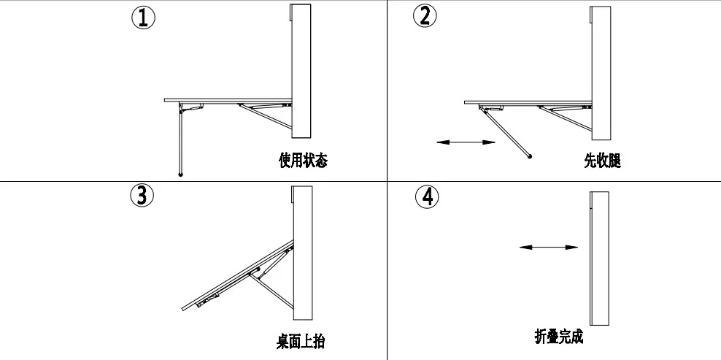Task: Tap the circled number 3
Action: pos(141,195)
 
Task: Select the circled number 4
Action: pos(428,197)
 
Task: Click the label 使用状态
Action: pos(303,161)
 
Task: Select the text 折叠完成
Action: pos(559,337)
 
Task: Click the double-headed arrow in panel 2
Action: pos(461,142)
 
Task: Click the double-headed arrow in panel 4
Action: pos(548,248)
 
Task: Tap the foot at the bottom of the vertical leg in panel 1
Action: pos(180,174)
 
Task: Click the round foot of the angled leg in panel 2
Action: pos(529,156)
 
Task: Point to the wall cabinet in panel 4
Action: pos(599,258)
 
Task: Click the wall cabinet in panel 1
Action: pos(301,69)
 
